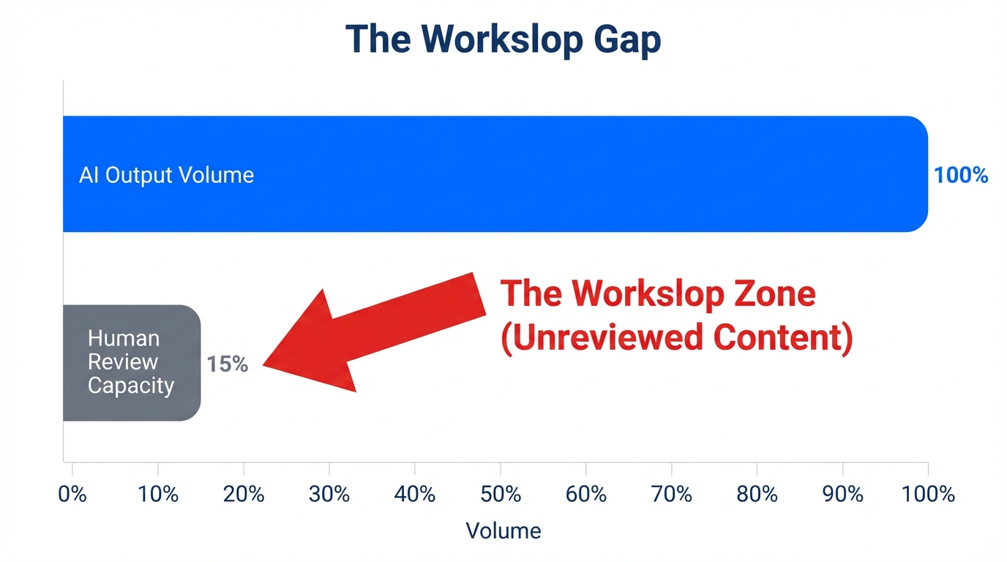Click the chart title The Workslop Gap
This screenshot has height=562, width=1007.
[503, 40]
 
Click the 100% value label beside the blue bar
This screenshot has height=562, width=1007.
[961, 176]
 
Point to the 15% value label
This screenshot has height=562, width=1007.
[227, 364]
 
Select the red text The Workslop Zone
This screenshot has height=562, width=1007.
[657, 294]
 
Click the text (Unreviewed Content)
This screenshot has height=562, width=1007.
[677, 338]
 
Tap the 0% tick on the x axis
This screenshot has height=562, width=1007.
[72, 495]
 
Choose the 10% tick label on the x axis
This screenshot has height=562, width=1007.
[158, 495]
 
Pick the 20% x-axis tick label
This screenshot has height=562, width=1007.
[244, 495]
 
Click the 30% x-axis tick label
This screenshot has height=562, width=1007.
[329, 495]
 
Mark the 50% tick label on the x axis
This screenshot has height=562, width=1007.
[501, 495]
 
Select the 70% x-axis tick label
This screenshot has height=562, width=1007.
[672, 495]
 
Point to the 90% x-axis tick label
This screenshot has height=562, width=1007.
[843, 495]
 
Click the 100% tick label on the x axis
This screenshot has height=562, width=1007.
[928, 495]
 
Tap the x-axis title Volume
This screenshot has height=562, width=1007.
[503, 531]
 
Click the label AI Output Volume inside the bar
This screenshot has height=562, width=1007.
[166, 176]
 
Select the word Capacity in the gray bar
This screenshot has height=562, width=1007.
[131, 386]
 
